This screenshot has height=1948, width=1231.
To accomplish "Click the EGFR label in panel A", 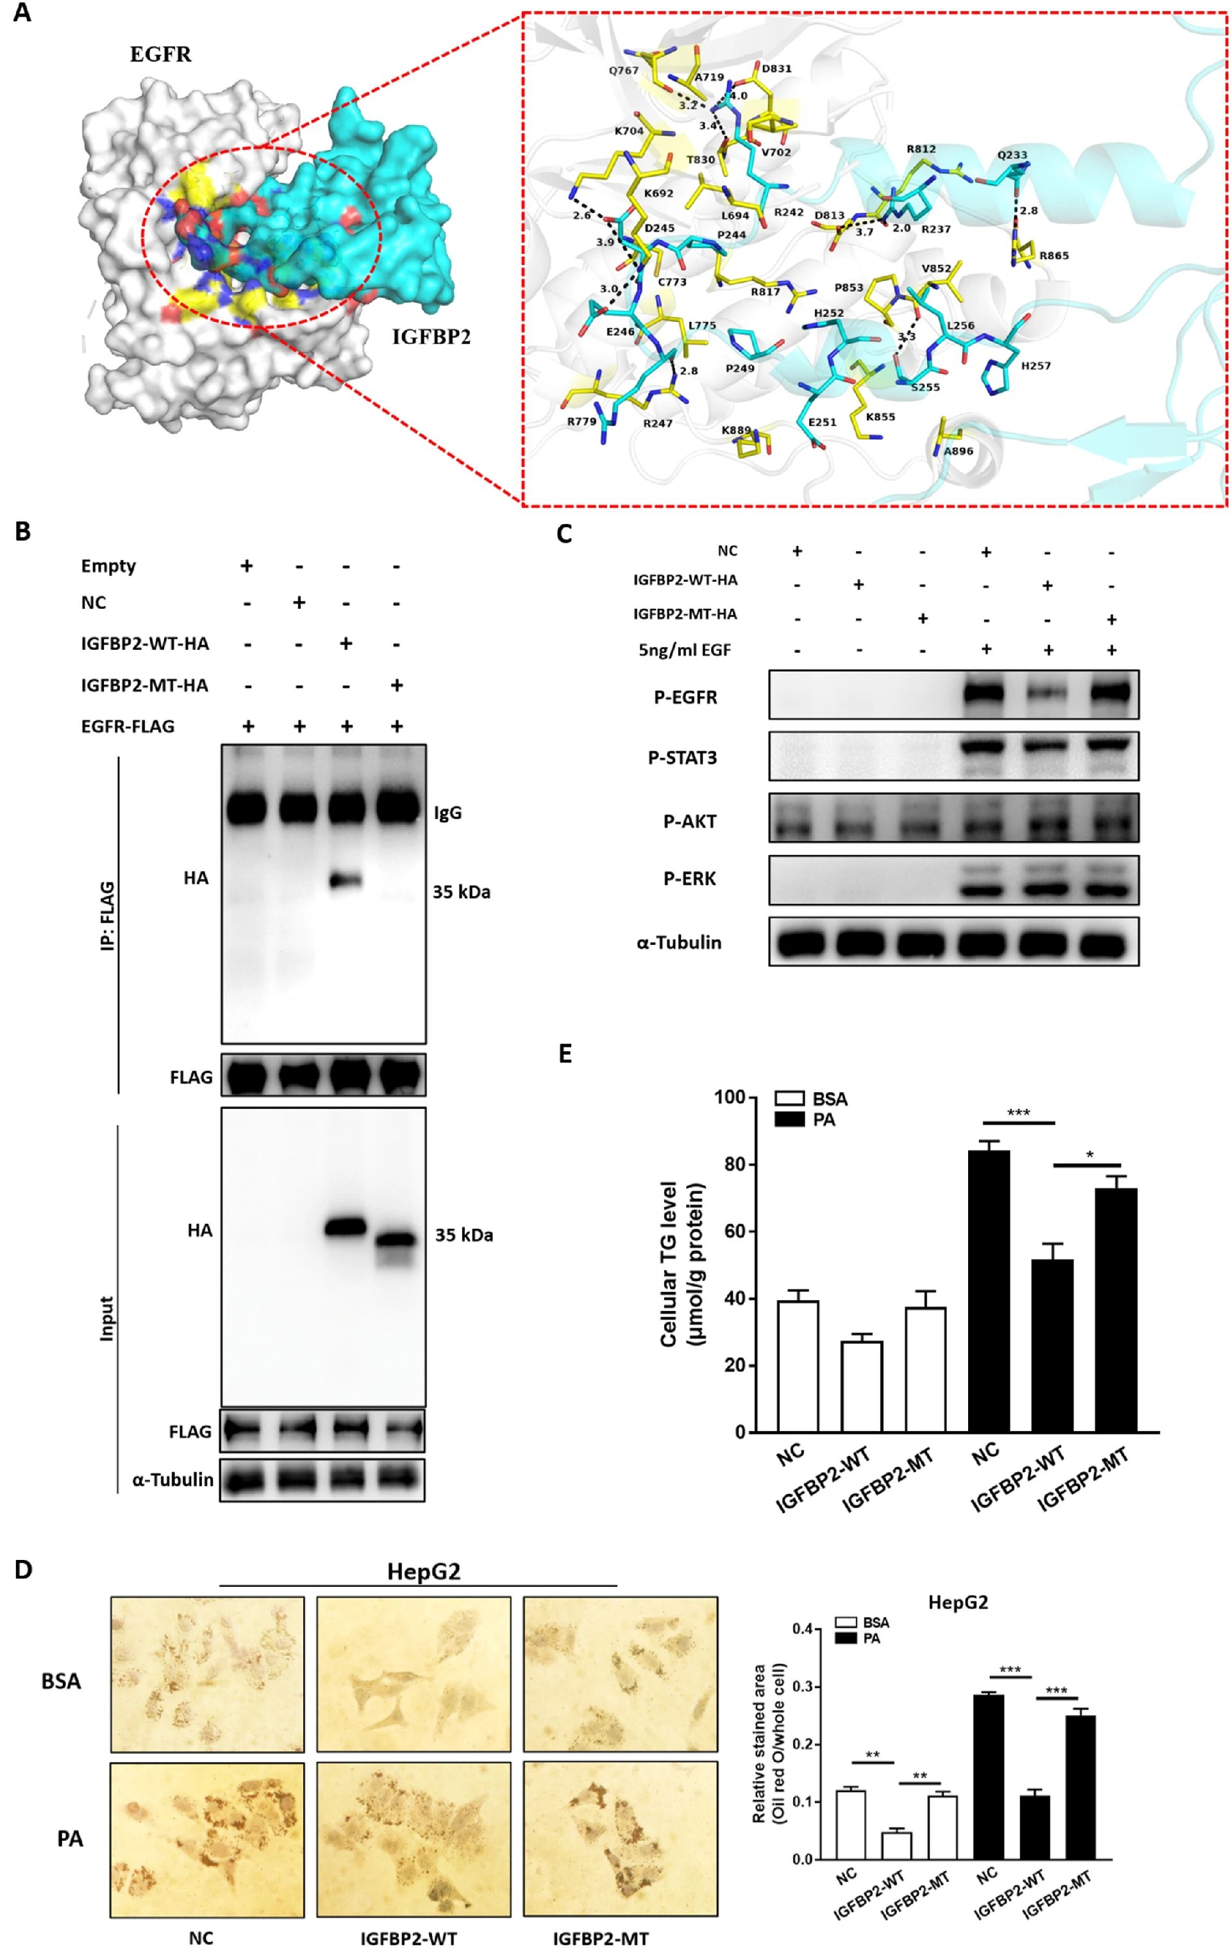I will click(x=161, y=55).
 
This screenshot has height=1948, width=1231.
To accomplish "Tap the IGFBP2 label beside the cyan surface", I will click(x=431, y=337).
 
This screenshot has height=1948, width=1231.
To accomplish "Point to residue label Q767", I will click(x=624, y=71).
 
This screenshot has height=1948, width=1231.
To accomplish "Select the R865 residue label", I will click(x=1054, y=256).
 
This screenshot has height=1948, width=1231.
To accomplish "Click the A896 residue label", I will click(x=959, y=452).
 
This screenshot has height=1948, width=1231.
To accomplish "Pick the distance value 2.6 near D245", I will click(x=582, y=216).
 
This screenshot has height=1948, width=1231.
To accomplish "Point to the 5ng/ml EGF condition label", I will click(x=684, y=650).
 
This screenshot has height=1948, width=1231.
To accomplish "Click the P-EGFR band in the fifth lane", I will click(x=1048, y=695).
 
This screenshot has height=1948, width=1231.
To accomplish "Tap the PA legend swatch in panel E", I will click(x=789, y=1120).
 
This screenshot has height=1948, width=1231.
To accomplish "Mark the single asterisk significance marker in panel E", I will click(x=1089, y=1155).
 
